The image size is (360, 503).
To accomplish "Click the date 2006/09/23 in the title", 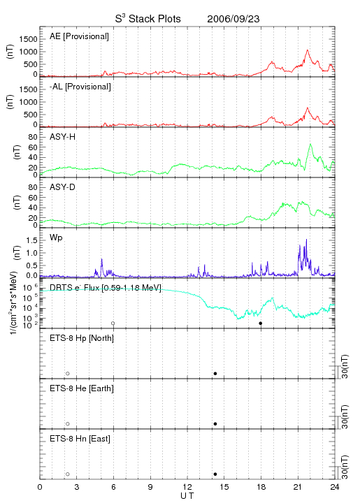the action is (x=233, y=19).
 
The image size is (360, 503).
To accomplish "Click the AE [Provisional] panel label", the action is (x=79, y=36).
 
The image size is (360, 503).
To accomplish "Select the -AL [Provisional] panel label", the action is (x=80, y=87).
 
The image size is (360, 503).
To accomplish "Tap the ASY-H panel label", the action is (x=62, y=137).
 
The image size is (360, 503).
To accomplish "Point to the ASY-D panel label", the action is (x=62, y=187).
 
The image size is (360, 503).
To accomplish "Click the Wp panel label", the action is (x=56, y=238).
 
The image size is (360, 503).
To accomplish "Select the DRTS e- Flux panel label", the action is (x=106, y=288).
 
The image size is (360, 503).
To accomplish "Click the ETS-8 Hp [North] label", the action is (x=82, y=338).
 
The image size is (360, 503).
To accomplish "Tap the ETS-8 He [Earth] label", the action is (x=82, y=388).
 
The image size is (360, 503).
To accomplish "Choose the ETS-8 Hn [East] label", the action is (x=80, y=439).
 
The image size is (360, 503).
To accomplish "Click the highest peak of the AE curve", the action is (x=308, y=50).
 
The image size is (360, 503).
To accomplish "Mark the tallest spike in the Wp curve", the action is (x=306, y=240).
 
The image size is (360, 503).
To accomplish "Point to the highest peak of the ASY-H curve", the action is (x=310, y=144).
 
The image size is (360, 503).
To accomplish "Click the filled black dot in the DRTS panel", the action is (x=261, y=323).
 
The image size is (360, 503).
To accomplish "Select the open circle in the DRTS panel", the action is (x=113, y=323).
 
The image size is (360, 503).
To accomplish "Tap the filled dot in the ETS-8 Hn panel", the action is (x=215, y=474).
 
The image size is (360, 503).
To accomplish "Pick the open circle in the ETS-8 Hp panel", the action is (x=68, y=374).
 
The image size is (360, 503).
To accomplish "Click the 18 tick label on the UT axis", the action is (x=261, y=487).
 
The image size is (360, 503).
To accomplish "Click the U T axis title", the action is (x=187, y=496).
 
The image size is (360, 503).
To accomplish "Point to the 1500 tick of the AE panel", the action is (x=28, y=39).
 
